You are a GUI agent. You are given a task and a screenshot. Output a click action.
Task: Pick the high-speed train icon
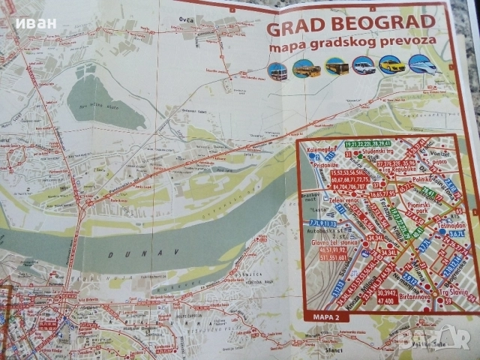[x=420, y=66]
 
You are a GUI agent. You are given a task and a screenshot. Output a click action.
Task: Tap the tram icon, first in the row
[x=277, y=72]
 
